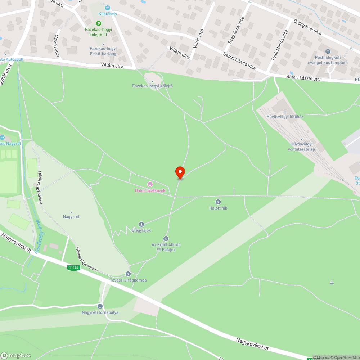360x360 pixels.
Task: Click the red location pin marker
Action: [180, 172]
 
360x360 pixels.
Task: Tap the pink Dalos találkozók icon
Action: [150, 185]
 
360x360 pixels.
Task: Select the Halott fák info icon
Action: [218, 202]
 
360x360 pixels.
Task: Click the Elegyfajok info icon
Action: [141, 224]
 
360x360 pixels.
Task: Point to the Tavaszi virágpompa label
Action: [128, 280]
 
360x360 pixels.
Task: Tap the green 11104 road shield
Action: [73, 267]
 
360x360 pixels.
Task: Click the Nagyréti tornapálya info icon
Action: [100, 306]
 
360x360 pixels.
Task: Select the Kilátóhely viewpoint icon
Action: [108, 8]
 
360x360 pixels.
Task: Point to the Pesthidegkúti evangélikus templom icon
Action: [328, 52]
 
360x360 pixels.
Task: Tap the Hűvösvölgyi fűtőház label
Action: [285, 117]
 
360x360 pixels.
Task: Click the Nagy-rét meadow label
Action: [71, 217]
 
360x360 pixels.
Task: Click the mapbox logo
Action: [16, 355]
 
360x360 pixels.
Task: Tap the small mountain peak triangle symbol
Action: [332, 283]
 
